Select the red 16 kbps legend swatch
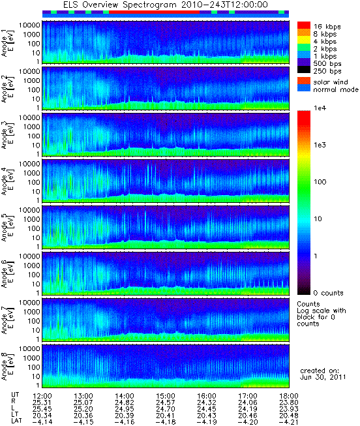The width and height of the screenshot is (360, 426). click(x=304, y=25)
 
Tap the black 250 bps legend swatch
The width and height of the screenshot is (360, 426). click(x=304, y=70)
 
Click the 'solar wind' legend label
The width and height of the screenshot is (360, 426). click(x=331, y=82)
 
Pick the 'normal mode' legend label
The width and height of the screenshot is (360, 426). click(x=336, y=89)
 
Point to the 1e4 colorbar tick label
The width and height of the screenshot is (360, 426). click(x=320, y=108)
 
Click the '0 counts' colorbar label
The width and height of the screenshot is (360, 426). click(x=328, y=293)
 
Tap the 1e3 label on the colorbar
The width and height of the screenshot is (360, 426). click(x=320, y=145)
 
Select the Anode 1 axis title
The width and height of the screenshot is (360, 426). click(x=7, y=43)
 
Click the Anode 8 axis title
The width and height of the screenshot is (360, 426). click(x=7, y=367)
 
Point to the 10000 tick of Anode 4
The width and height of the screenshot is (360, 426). click(x=29, y=164)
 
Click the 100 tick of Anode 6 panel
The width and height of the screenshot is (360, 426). click(x=34, y=275)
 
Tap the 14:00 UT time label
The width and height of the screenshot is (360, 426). click(x=125, y=396)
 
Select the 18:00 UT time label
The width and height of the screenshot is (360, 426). click(x=289, y=396)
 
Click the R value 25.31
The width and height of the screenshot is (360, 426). click(x=42, y=403)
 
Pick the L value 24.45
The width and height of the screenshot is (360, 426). click(x=207, y=409)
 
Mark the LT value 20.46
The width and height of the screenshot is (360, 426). click(x=248, y=416)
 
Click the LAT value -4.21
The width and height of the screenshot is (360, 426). click(x=288, y=422)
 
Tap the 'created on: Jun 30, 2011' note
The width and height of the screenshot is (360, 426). click(x=323, y=374)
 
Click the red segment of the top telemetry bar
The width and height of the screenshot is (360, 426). click(x=155, y=12)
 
